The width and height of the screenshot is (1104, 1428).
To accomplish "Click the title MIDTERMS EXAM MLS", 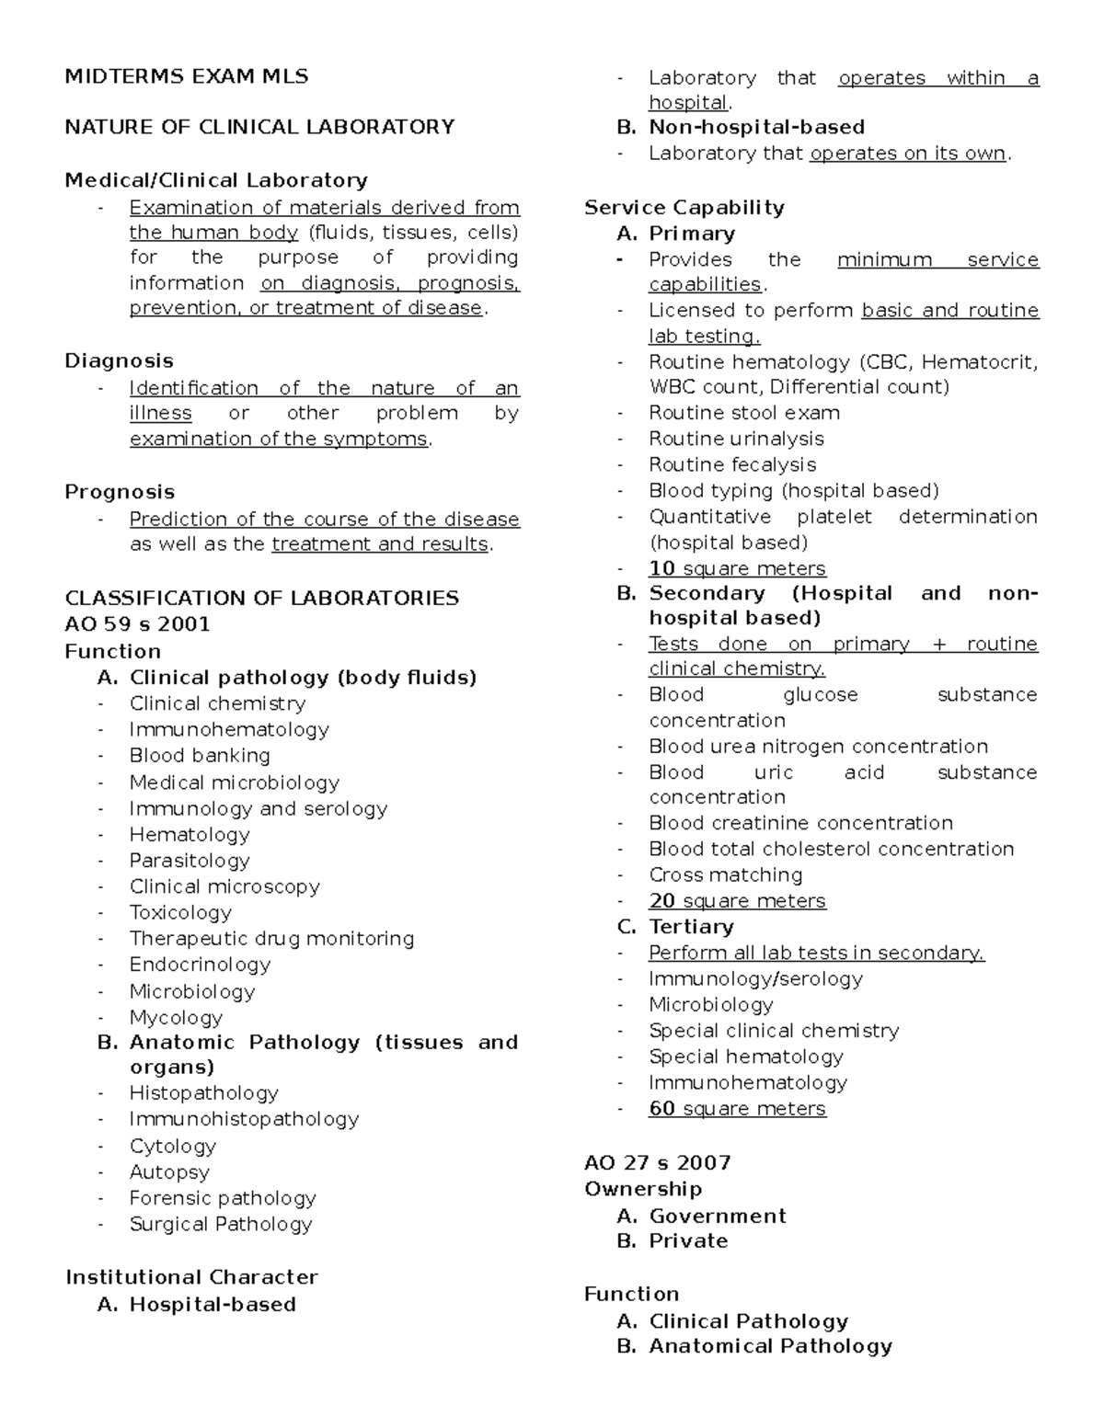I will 186,76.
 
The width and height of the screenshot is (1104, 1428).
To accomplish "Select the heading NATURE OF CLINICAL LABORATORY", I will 259,127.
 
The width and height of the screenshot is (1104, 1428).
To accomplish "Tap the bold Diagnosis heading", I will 119,360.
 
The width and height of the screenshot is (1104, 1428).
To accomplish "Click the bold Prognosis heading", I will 120,492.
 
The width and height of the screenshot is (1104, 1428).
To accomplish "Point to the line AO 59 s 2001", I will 137,624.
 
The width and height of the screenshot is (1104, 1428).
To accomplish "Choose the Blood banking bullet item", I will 200,756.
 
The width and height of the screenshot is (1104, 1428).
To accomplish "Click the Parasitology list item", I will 190,861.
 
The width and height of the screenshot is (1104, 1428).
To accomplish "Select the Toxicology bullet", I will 180,912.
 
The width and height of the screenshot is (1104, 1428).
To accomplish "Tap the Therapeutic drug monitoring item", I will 271,939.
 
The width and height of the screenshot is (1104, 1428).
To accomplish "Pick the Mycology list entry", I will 176,1017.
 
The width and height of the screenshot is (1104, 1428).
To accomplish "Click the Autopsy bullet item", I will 169,1172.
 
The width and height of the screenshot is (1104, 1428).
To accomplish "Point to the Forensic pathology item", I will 223,1198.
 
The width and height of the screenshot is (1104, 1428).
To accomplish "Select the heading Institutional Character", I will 191,1277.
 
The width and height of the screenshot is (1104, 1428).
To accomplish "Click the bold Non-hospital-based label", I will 756,127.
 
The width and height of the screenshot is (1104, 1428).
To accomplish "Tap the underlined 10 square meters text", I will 737,568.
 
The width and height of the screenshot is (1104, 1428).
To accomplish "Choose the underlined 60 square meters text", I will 737,1108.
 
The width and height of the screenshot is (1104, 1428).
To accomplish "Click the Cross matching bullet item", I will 725,874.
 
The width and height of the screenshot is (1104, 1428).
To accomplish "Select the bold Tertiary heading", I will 691,927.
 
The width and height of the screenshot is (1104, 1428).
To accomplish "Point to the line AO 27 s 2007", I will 657,1162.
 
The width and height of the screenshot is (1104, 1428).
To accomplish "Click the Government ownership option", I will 718,1216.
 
